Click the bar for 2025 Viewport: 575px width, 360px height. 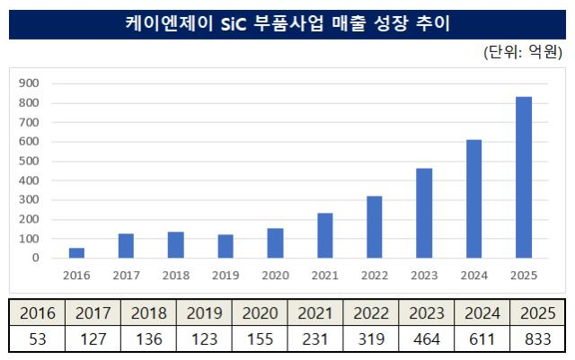(524, 178)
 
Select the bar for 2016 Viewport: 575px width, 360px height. (76, 253)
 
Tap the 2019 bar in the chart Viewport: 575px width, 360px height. (226, 246)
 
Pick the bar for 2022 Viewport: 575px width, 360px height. (375, 227)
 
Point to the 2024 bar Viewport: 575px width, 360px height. (473, 199)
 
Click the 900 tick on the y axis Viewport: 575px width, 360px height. (29, 83)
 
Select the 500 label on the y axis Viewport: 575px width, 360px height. (29, 161)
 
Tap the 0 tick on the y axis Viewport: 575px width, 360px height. (36, 258)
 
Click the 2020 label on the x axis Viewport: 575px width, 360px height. (276, 276)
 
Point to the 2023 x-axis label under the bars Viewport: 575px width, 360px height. (424, 276)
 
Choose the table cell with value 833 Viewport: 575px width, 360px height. (537, 338)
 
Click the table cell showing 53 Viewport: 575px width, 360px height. (38, 338)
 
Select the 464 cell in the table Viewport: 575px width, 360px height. (426, 338)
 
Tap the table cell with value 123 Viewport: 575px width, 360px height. (204, 338)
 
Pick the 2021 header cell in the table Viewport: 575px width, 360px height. (315, 313)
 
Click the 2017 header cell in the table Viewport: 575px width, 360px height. (93, 313)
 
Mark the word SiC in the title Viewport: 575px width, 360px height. (234, 24)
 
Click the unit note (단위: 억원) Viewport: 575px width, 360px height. (523, 52)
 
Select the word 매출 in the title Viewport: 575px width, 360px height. (349, 23)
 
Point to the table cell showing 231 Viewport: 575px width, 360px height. (315, 338)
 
